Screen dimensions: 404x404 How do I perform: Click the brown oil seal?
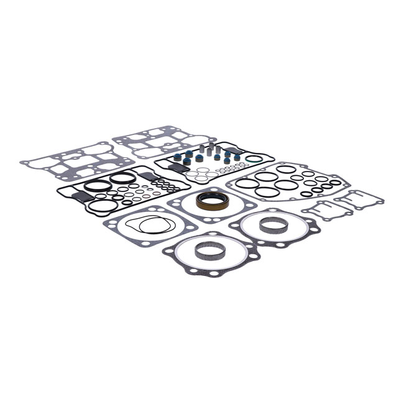[x=212, y=201]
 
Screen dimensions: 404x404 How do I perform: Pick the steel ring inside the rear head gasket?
[x=273, y=224]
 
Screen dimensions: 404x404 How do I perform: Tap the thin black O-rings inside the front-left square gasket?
[x=148, y=224]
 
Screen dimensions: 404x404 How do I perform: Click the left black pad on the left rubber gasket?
[x=81, y=196]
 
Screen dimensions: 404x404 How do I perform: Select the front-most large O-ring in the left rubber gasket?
[x=104, y=206]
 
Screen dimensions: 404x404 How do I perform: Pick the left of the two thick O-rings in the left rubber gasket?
[x=97, y=185]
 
